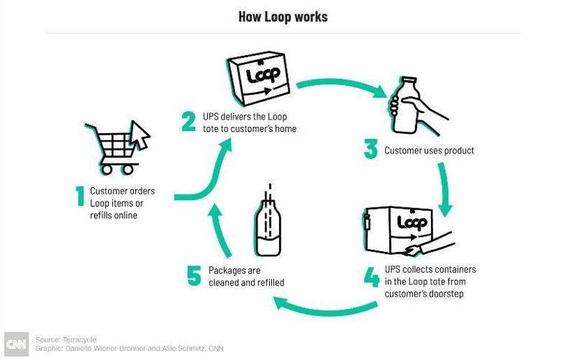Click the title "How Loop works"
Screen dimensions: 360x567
[x=283, y=17]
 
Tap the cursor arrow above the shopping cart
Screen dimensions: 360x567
[x=140, y=133]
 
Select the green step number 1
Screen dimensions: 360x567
[x=80, y=197]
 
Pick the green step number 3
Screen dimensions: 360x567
[x=371, y=150]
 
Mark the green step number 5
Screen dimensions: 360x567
[x=194, y=276]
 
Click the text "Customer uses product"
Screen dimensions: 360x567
[x=429, y=151]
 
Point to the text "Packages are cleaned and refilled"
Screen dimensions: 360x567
[x=246, y=276]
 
